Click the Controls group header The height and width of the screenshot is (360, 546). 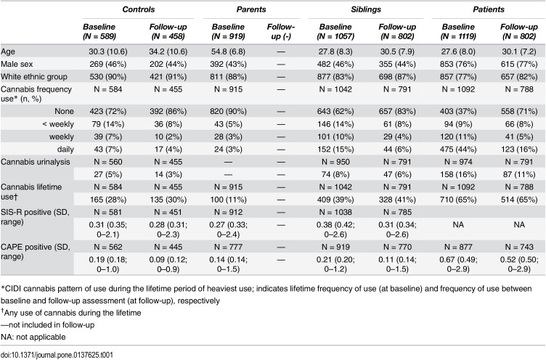coord(138,9)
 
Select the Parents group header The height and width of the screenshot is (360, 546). coord(251,9)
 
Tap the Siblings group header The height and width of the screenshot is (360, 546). coord(366,9)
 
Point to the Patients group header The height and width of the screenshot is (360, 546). coord(488,9)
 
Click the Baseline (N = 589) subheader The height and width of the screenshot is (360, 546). coord(99,31)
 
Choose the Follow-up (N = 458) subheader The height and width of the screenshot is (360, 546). coord(168,31)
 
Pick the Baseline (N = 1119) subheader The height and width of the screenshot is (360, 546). coord(458,31)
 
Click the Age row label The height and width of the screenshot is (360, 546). coord(8,52)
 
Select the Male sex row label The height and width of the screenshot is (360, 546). coord(17,64)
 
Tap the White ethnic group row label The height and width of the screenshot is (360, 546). coord(34,77)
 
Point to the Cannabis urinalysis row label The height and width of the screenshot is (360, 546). coord(35,162)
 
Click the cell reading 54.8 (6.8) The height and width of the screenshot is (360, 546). coord(228,52)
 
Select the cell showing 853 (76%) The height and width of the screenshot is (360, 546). coord(458,64)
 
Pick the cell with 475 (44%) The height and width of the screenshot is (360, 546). coord(458,150)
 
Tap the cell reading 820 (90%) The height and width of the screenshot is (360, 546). coord(228,112)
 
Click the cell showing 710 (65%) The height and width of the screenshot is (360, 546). coord(458,200)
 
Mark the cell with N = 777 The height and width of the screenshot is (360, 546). coord(228,247)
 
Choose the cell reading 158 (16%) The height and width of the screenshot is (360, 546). coord(458,174)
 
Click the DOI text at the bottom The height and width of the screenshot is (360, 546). coord(57,355)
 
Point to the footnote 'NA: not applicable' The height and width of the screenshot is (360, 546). coord(33,337)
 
